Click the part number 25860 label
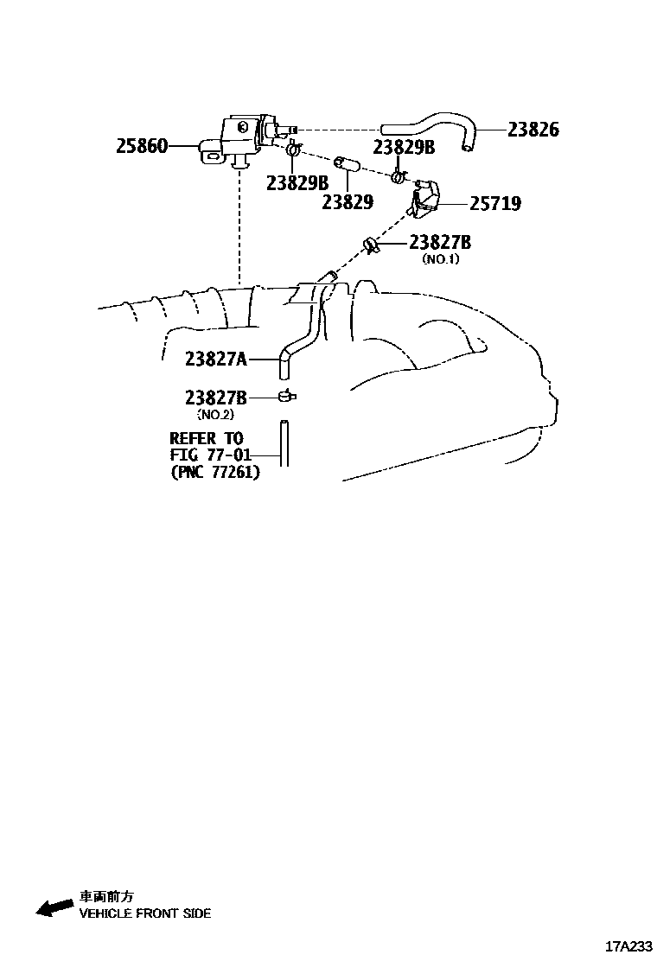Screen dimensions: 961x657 tap(142, 147)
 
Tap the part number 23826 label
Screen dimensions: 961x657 tap(533, 130)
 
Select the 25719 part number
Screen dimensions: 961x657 tap(494, 204)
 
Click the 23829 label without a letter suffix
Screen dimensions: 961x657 tap(347, 202)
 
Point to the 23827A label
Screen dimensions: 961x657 tap(215, 357)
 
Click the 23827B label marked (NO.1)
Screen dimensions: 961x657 tap(440, 243)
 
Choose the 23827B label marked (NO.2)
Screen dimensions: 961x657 tap(215, 398)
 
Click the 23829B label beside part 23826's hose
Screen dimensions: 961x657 tap(404, 147)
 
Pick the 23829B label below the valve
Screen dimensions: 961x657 tap(297, 183)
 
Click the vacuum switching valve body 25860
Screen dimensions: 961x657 tap(238, 138)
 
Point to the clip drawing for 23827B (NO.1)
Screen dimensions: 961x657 tap(372, 246)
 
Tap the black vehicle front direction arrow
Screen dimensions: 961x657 tap(54, 907)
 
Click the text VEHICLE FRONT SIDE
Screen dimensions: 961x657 tap(144, 913)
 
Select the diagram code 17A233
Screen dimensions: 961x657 tap(628, 945)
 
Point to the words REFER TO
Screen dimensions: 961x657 tap(207, 438)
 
